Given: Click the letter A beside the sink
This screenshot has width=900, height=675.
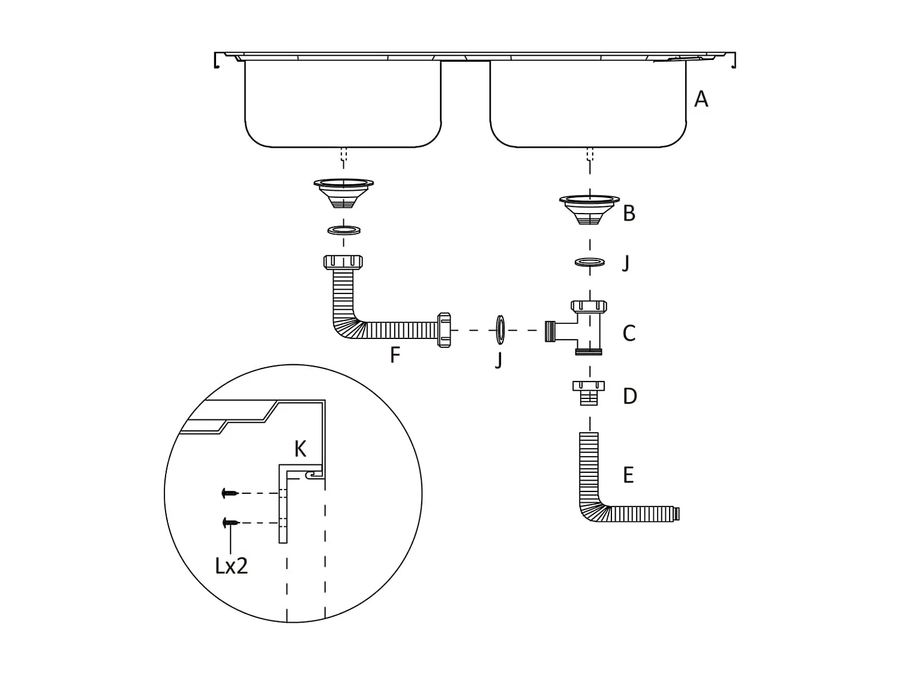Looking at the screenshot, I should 700,99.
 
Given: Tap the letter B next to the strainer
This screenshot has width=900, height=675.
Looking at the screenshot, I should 629,213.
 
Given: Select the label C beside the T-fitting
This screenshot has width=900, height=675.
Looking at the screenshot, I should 629,334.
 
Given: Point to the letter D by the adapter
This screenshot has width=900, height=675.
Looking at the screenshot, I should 629,396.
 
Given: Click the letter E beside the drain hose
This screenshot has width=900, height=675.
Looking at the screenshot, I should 628,475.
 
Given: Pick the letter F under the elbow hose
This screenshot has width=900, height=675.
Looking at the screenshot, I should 395,355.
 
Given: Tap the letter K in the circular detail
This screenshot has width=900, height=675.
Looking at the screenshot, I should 300,449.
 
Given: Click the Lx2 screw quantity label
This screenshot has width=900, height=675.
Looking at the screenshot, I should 232,565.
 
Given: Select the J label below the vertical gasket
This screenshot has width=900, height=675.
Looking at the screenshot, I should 499,360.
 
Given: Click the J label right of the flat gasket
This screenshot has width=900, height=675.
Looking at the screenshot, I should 626,263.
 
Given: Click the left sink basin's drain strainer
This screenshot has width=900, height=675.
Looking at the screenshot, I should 343,192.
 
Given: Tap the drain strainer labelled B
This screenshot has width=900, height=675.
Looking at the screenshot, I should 589,209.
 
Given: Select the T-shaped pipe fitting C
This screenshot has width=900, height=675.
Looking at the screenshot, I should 579,329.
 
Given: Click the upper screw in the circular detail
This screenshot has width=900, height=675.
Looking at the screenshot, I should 230,493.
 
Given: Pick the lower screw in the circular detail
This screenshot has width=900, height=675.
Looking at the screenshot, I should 230,523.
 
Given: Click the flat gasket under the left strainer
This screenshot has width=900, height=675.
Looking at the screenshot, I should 343,230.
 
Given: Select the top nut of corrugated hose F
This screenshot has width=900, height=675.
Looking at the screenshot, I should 343,262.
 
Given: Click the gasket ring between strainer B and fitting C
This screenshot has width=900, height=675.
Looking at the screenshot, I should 589,262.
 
